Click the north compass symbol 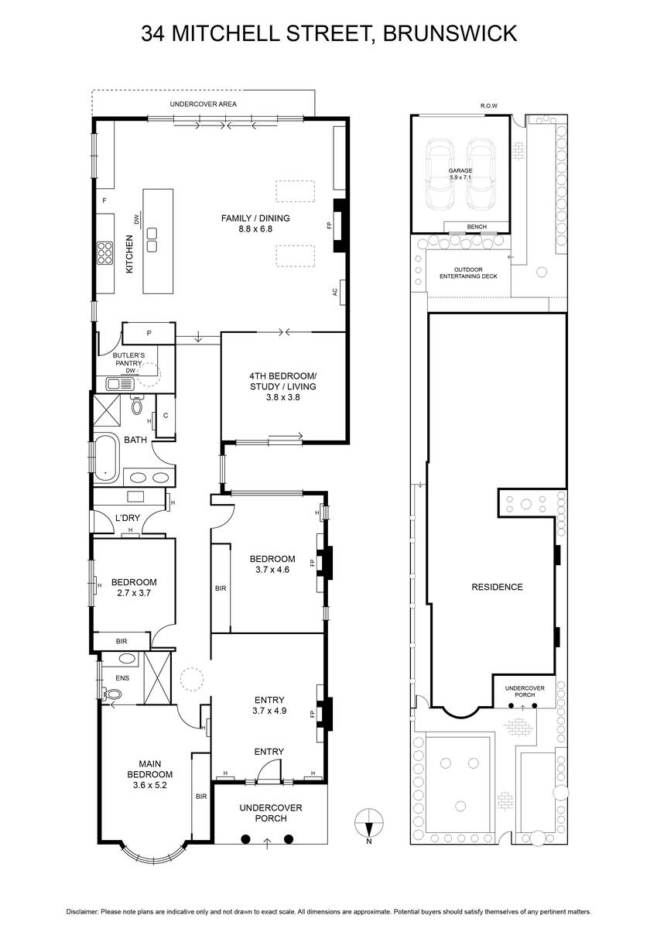(369, 825)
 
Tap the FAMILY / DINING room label (255, 223)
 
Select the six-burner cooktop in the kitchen (105, 253)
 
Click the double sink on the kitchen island (152, 240)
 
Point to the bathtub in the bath (106, 458)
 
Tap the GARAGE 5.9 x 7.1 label (460, 173)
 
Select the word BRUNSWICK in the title (450, 33)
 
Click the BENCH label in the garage (477, 227)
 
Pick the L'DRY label (128, 518)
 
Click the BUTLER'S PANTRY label (129, 359)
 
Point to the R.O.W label (489, 106)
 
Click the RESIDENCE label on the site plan (497, 587)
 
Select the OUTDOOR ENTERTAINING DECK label (468, 273)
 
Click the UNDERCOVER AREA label (203, 104)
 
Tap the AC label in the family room (335, 292)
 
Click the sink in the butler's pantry (119, 384)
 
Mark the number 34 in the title (153, 33)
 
